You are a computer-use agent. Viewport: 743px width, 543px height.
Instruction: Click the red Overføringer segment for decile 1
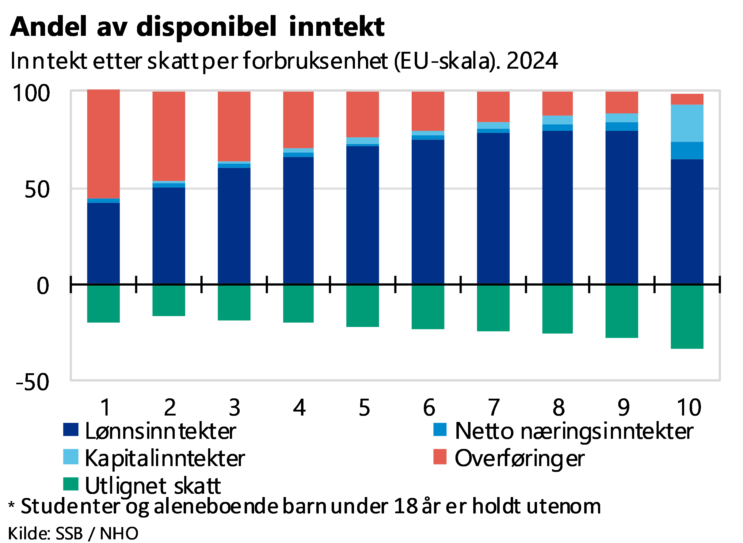point(103,144)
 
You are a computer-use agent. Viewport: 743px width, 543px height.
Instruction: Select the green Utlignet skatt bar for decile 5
point(362,329)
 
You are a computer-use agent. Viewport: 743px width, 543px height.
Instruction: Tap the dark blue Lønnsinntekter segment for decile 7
point(493,208)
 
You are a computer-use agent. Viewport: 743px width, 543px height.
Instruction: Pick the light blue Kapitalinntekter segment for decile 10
point(687,123)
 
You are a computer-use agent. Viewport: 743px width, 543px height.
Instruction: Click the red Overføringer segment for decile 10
point(687,99)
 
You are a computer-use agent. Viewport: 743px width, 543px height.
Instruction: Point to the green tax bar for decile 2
point(169,329)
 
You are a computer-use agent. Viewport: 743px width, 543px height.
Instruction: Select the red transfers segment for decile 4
point(298,120)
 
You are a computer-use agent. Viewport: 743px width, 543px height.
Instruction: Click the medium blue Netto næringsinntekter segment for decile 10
point(687,150)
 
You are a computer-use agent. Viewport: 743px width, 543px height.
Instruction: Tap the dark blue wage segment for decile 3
point(234,226)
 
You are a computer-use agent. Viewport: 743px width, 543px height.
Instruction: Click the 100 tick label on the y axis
point(32,93)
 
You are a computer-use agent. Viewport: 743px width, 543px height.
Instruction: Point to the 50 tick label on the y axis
point(37,190)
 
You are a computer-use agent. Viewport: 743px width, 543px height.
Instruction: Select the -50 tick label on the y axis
point(32,382)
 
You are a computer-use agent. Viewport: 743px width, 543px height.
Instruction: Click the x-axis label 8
point(558,408)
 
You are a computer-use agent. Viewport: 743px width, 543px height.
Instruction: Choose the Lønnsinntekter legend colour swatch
point(71,430)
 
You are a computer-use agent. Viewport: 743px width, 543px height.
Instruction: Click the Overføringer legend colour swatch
point(440,457)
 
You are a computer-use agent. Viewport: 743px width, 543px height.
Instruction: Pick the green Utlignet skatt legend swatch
point(71,484)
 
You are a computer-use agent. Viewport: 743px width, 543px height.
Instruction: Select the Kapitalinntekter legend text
point(164,458)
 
